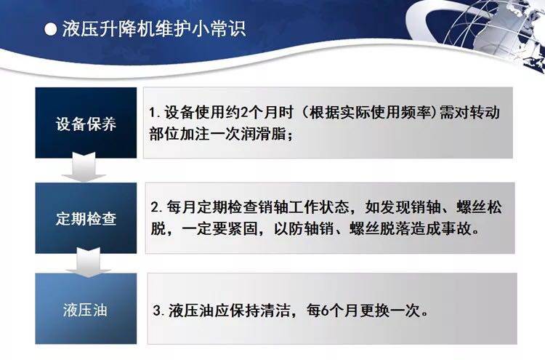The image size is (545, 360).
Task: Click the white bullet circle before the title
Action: tap(49, 30)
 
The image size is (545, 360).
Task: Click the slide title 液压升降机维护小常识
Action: tap(152, 30)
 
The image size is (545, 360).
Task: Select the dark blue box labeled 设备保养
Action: tap(86, 123)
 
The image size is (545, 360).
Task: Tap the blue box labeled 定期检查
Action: tap(86, 218)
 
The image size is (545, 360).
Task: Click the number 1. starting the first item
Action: tap(154, 115)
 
